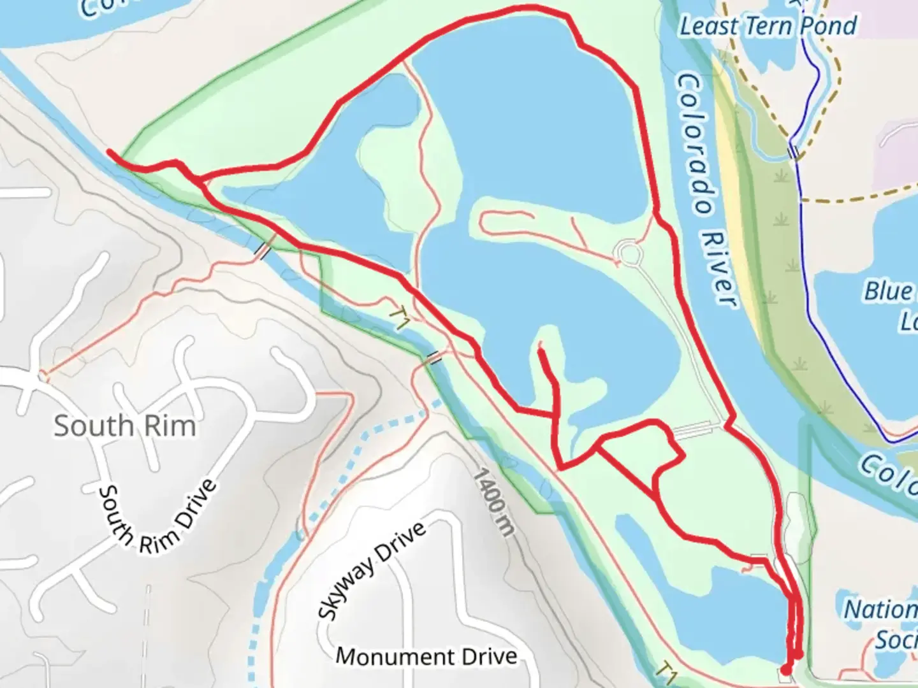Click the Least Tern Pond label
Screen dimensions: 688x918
point(768,27)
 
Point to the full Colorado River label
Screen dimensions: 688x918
point(706,190)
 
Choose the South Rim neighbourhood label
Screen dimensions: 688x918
point(124,426)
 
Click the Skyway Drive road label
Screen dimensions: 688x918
point(372,571)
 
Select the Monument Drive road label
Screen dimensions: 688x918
point(426,656)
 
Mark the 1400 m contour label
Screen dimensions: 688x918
point(493,501)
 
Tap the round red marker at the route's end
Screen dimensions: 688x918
point(786,669)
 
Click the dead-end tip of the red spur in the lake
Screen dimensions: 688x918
point(540,349)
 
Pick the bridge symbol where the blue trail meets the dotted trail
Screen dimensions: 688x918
point(793,152)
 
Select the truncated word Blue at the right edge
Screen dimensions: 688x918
point(890,291)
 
